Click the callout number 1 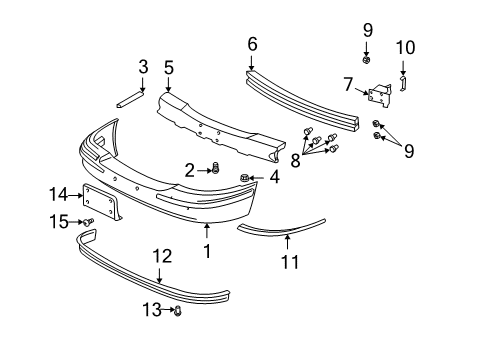[207, 252]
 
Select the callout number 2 [189, 171]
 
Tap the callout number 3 [143, 67]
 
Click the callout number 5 [169, 68]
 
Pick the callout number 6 [252, 43]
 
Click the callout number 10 [405, 47]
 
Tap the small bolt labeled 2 [215, 169]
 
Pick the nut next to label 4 [244, 178]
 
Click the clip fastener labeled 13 [178, 312]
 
